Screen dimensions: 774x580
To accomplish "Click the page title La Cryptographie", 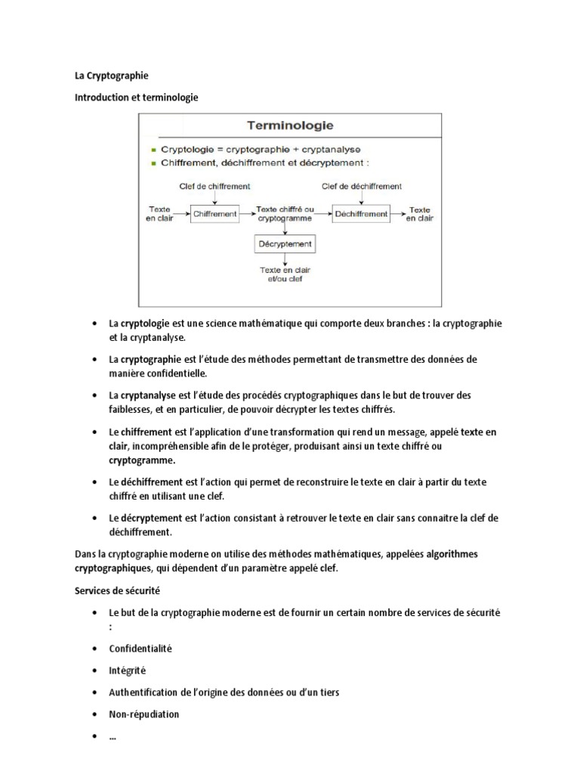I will click(x=111, y=76).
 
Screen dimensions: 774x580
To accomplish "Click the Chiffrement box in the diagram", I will click(x=214, y=214).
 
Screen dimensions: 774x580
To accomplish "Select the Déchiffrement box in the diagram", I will click(x=362, y=214).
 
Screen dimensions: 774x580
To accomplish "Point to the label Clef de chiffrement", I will click(x=214, y=186).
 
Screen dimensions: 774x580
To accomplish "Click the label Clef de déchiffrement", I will click(x=362, y=186).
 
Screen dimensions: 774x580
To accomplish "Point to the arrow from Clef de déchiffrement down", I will click(x=362, y=197).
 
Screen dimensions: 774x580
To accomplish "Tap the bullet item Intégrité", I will click(x=128, y=670).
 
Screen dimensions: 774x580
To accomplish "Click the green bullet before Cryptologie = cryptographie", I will click(x=153, y=150).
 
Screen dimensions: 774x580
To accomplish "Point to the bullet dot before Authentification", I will click(x=94, y=692).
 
